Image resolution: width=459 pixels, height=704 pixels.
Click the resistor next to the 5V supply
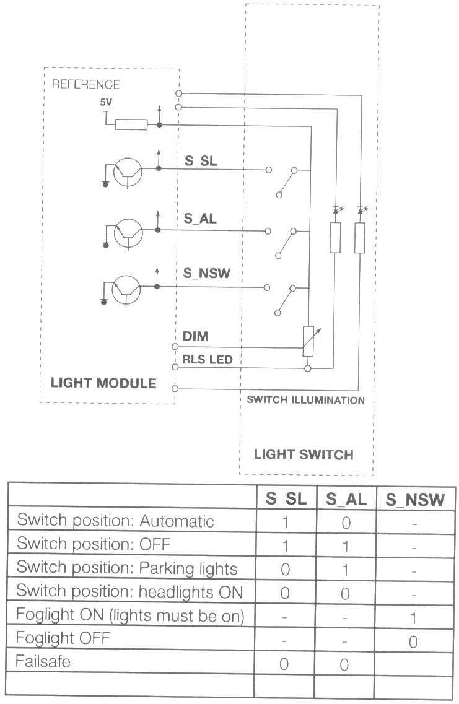pyautogui.click(x=131, y=124)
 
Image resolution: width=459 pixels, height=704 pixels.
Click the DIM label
pyautogui.click(x=195, y=337)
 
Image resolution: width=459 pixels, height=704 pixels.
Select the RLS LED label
pyautogui.click(x=207, y=359)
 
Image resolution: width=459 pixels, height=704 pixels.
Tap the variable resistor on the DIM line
pyautogui.click(x=308, y=341)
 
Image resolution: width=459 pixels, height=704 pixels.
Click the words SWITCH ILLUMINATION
pyautogui.click(x=305, y=400)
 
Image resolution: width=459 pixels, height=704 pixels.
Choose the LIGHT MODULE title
pyautogui.click(x=103, y=383)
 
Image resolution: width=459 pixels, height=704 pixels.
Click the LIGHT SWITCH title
pyautogui.click(x=304, y=454)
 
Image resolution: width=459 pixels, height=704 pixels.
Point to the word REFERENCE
pyautogui.click(x=85, y=84)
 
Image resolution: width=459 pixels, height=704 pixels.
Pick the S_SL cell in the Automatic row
pyautogui.click(x=285, y=522)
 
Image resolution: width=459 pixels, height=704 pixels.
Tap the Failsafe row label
pyautogui.click(x=43, y=661)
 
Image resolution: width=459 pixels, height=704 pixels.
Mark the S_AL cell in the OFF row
pyautogui.click(x=346, y=545)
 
